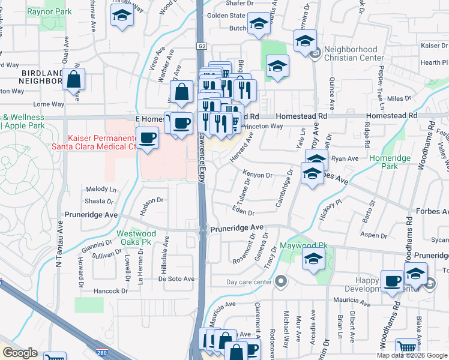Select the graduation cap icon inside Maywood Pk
(x=313, y=259)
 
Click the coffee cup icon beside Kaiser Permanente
(x=147, y=138)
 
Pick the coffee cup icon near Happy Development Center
(x=393, y=281)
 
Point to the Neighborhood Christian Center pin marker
(x=316, y=54)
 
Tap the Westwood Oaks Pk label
(x=136, y=238)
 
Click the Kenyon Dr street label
(x=258, y=175)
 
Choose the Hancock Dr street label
(x=111, y=291)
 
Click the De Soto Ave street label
(x=176, y=279)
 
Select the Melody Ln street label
(x=101, y=189)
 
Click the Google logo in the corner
(x=20, y=353)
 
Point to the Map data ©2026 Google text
(x=411, y=355)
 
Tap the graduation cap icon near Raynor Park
(x=122, y=17)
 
